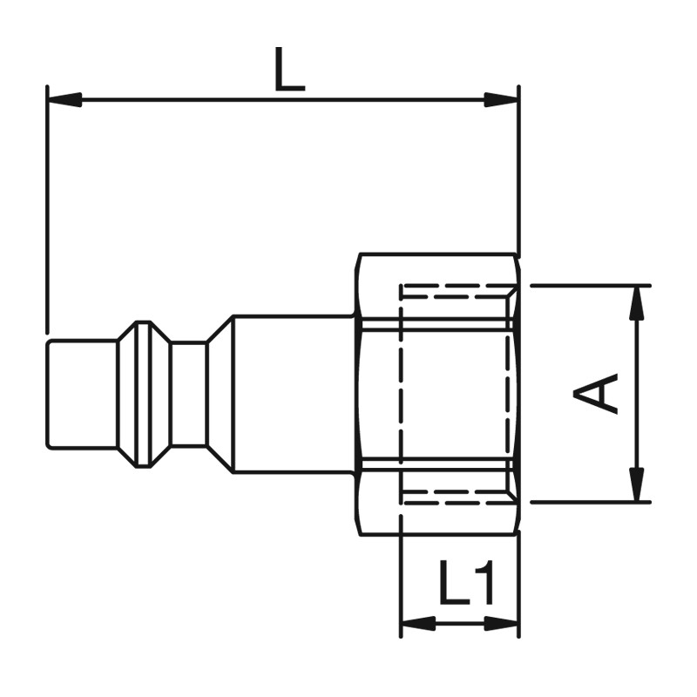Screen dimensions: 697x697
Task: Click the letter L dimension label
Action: click(x=289, y=69)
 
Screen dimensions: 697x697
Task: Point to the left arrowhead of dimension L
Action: click(x=64, y=99)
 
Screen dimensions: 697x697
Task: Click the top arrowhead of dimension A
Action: click(x=639, y=303)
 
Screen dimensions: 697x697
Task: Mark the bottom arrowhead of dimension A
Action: click(x=639, y=484)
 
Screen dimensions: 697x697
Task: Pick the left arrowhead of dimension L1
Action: click(x=419, y=624)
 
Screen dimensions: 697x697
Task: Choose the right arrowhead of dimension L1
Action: click(x=502, y=624)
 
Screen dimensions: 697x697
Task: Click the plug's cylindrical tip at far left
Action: click(x=82, y=394)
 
